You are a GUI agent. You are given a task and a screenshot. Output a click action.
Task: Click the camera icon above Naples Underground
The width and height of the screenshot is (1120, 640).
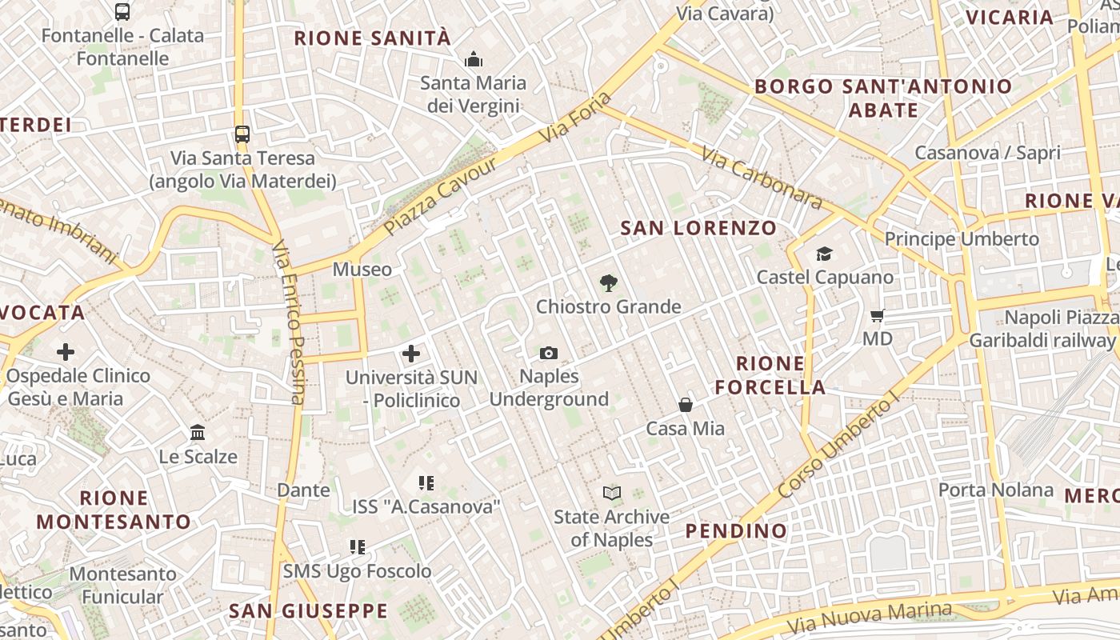click(548, 353)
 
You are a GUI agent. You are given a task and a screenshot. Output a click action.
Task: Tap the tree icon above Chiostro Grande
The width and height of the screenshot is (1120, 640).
click(609, 282)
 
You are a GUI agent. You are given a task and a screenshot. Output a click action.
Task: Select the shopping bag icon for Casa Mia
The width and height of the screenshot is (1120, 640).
click(686, 405)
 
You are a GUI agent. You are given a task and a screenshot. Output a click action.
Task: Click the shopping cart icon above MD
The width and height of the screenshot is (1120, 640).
click(877, 316)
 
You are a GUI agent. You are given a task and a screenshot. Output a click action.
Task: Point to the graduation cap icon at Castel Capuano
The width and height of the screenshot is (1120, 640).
click(824, 254)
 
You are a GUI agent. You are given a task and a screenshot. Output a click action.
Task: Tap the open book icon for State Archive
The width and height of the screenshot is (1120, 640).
click(612, 494)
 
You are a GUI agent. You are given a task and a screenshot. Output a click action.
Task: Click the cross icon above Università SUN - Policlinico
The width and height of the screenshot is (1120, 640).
click(411, 354)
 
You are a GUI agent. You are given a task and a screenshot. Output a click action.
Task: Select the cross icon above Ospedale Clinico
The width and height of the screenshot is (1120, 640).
click(66, 352)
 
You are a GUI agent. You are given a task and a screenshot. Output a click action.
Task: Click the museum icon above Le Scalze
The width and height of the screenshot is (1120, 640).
click(198, 434)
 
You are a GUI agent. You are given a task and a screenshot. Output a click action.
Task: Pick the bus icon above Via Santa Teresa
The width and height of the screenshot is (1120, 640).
click(242, 134)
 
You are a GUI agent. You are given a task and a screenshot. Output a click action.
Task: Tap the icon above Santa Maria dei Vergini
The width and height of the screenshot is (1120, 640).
click(474, 59)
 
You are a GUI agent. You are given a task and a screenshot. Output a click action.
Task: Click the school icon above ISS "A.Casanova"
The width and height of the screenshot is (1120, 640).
click(426, 483)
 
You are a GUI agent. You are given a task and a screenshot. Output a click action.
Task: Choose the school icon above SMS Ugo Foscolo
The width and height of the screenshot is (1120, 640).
click(358, 548)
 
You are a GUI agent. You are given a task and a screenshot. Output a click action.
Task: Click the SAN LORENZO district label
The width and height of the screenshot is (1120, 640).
click(698, 228)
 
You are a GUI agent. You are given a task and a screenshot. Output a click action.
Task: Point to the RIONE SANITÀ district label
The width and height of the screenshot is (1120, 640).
click(373, 38)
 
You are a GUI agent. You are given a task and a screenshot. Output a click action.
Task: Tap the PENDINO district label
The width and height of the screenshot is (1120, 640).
click(736, 530)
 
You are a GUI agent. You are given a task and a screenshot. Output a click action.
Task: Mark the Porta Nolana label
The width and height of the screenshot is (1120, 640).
click(995, 490)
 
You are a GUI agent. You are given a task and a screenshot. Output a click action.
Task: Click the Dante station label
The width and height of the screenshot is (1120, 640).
click(303, 490)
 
